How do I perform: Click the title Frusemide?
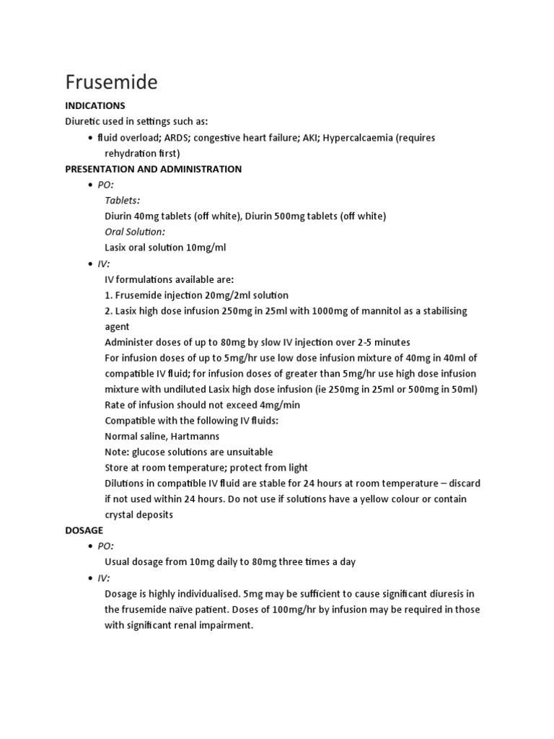[111, 82]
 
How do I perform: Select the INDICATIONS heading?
[95, 106]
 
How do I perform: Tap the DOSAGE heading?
[84, 530]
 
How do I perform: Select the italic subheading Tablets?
[123, 200]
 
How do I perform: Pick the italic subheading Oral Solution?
[135, 232]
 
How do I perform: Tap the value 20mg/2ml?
[216, 294]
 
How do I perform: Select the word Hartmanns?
[194, 436]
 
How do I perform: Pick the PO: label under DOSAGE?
[106, 546]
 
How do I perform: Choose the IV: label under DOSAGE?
[105, 577]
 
